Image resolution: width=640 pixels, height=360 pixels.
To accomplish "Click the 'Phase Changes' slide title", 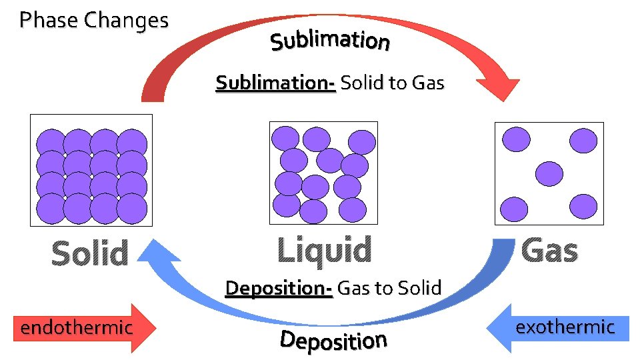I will click(94, 21).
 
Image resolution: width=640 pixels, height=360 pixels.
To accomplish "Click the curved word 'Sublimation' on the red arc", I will click(330, 41).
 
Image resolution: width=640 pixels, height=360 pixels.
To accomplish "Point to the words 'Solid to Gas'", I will click(392, 83).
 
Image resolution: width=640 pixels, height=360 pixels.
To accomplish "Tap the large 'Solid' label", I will click(90, 253).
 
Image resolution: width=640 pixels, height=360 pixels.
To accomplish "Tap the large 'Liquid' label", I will click(324, 251).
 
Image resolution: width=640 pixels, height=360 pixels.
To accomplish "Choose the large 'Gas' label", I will click(549, 251).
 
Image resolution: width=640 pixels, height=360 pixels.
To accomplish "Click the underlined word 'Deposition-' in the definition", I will click(279, 288).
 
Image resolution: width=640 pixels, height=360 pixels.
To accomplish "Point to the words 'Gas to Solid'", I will click(389, 288).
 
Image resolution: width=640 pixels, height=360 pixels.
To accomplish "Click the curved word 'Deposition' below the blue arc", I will click(333, 340).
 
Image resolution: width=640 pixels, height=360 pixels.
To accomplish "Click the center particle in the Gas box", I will click(550, 173).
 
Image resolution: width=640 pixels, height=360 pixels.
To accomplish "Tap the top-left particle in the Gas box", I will click(516, 139).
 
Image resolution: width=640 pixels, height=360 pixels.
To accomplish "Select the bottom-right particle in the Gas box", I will click(583, 207).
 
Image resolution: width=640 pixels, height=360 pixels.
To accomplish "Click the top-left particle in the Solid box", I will click(51, 142).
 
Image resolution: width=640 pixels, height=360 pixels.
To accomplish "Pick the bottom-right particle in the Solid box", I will click(132, 208).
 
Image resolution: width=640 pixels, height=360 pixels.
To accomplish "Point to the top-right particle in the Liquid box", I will click(362, 142).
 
